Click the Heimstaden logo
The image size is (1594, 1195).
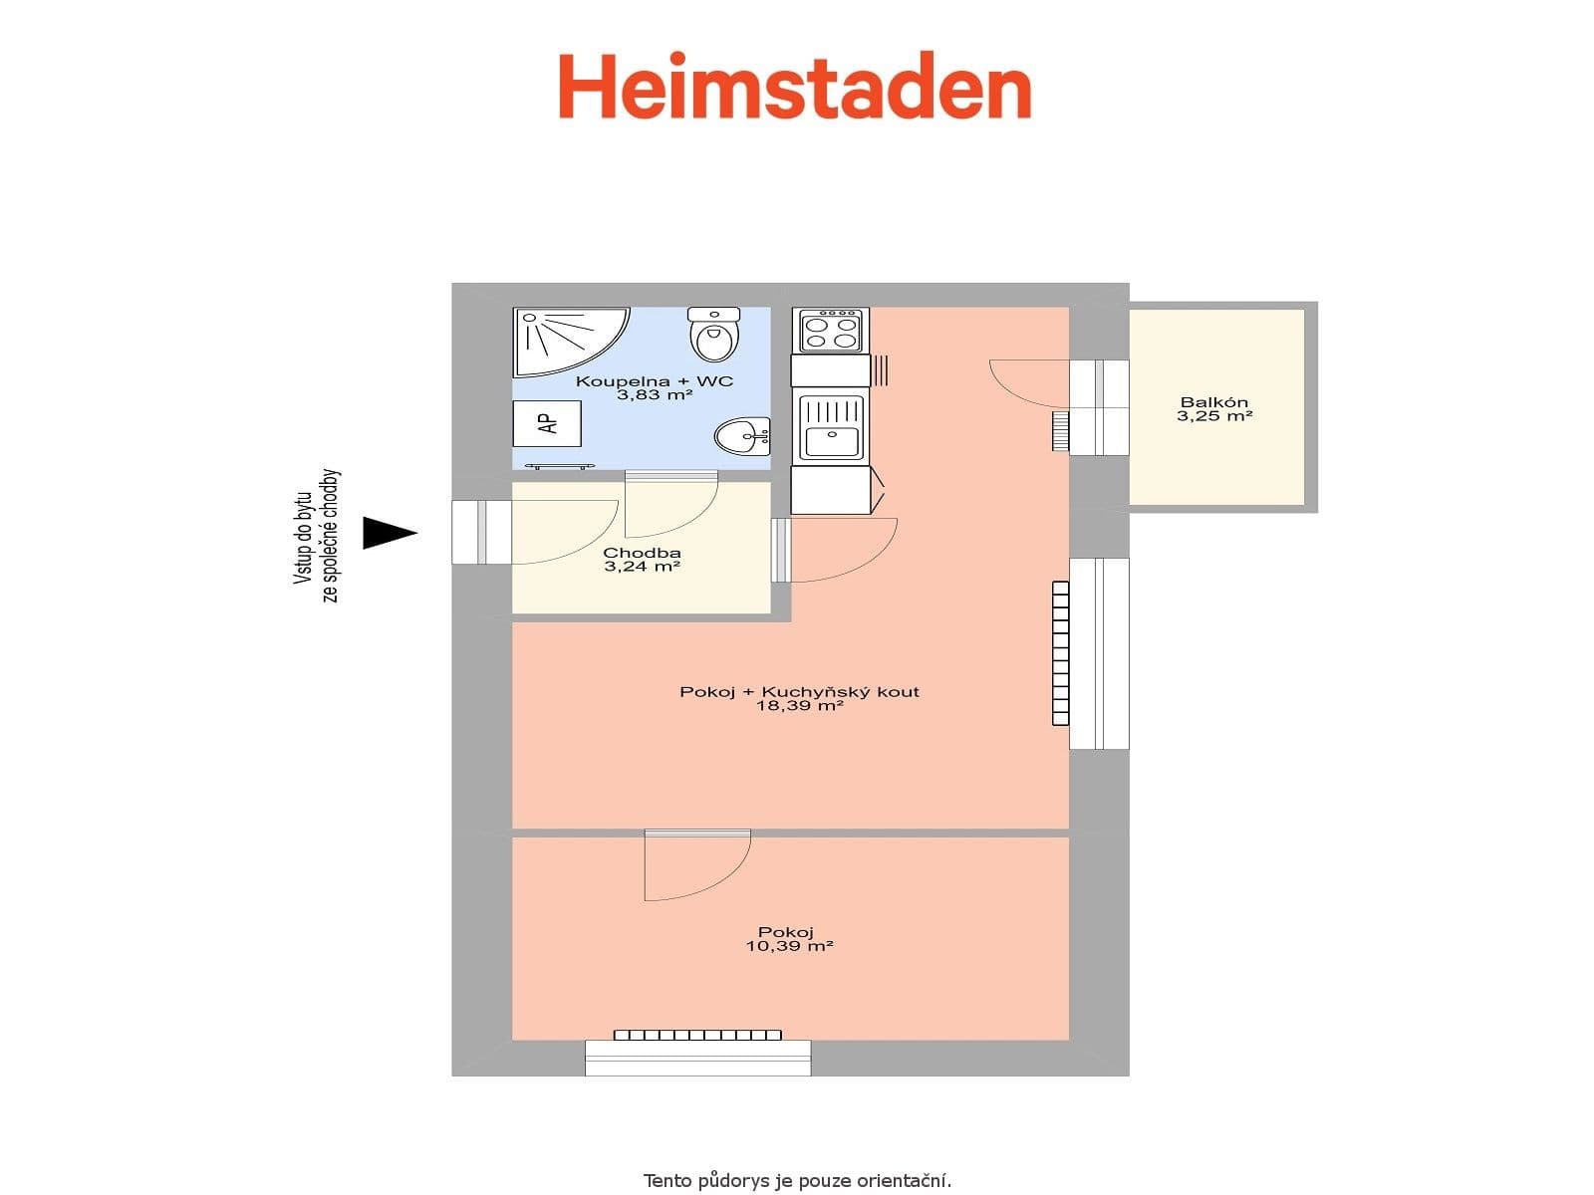click(x=794, y=88)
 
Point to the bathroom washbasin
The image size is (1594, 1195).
click(x=741, y=436)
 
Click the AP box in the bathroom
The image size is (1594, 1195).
click(x=547, y=423)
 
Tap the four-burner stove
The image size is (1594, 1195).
click(x=830, y=330)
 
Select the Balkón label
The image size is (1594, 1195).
click(x=1213, y=402)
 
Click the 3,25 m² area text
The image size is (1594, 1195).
click(x=1213, y=416)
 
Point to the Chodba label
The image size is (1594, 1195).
click(x=642, y=553)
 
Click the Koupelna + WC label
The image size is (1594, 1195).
click(x=655, y=381)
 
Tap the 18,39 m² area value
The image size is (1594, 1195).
click(x=799, y=706)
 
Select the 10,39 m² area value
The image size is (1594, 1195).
click(x=789, y=946)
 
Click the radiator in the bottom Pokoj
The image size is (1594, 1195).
click(x=697, y=1035)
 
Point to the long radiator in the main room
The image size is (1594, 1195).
click(x=1060, y=653)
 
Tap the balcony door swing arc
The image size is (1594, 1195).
click(x=1026, y=383)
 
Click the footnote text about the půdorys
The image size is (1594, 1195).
click(x=797, y=1181)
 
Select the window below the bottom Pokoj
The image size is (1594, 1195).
click(x=697, y=1058)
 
